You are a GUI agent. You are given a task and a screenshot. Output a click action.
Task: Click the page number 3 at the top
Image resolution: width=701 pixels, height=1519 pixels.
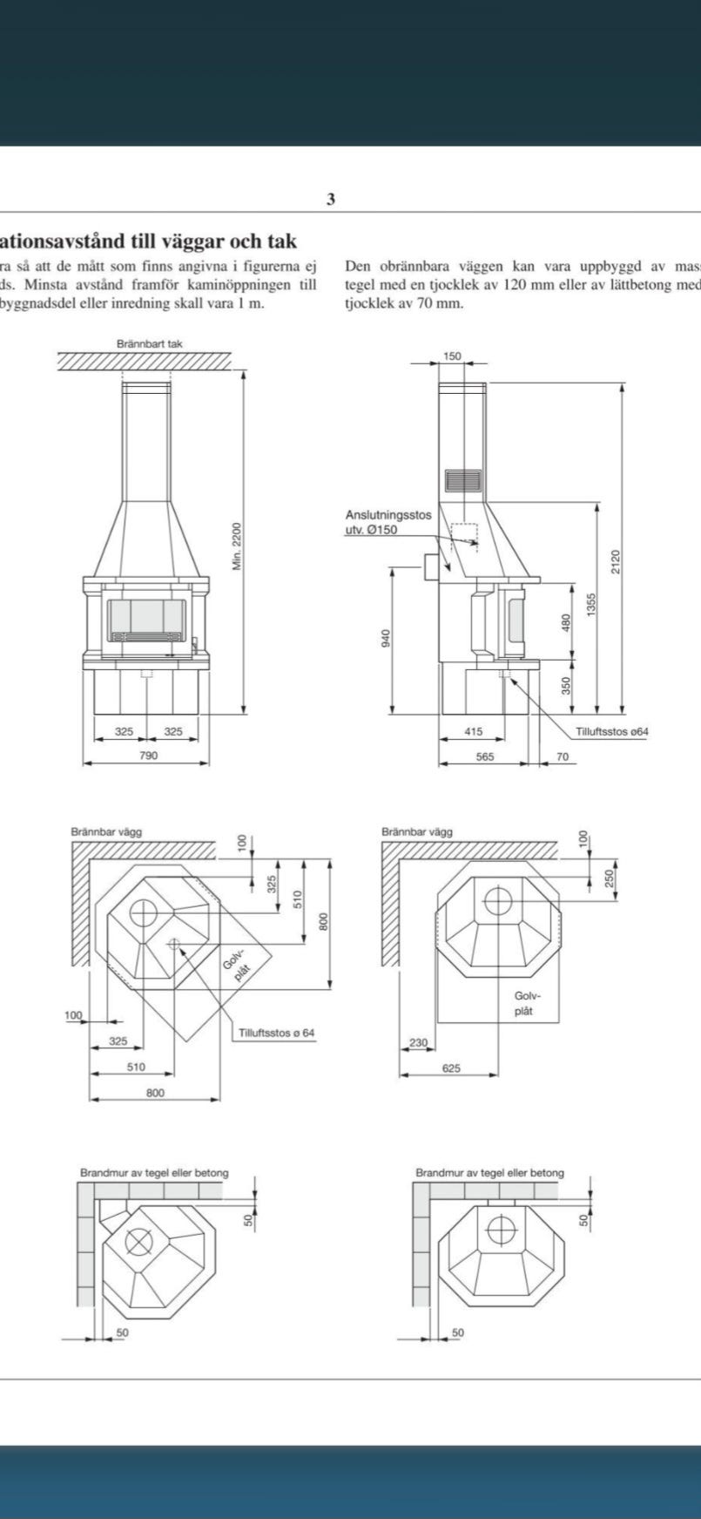tap(331, 200)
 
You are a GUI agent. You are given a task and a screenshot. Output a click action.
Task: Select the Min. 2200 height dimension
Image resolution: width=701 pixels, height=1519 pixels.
tap(237, 546)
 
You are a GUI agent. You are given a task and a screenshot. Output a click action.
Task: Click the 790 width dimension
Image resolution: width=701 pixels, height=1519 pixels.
tap(149, 756)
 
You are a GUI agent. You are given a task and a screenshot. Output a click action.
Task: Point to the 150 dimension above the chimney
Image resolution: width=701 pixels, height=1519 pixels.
tap(452, 356)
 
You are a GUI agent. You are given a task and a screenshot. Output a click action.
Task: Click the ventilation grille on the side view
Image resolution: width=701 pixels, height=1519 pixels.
tap(463, 480)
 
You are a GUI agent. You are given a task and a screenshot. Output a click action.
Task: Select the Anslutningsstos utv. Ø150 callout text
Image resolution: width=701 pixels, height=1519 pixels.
tap(388, 522)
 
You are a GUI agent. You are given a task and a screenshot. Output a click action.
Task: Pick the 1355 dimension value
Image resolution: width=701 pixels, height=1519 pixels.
tap(590, 605)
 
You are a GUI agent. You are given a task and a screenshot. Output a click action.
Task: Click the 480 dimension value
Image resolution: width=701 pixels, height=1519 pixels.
tap(566, 624)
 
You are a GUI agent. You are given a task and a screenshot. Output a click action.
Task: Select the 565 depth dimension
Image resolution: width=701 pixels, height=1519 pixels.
tap(484, 756)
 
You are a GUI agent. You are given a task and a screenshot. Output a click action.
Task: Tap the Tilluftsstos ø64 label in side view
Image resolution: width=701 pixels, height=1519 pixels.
tap(611, 732)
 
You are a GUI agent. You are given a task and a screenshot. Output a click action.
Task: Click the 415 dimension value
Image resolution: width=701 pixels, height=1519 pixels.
tap(473, 732)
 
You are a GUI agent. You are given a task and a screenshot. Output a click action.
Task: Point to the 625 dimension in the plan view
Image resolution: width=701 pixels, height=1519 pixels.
tap(451, 1068)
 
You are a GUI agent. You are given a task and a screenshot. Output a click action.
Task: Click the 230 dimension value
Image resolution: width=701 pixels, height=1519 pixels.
tap(418, 1043)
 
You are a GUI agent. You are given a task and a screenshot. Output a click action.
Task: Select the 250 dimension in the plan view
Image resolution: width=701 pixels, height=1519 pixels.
tap(609, 878)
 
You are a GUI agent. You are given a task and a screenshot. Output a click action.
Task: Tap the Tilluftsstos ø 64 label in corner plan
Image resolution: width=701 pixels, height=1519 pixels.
tap(276, 1034)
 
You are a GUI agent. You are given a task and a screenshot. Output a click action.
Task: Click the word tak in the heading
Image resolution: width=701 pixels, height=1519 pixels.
tap(280, 241)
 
